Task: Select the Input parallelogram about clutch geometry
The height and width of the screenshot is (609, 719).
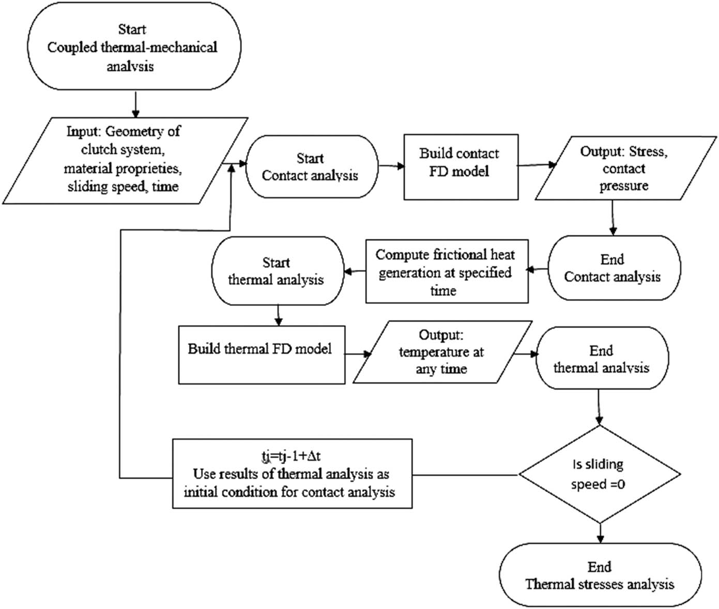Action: pos(124,160)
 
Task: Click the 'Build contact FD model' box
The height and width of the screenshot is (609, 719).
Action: pos(461,166)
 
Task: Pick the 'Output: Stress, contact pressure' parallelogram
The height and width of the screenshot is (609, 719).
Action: pos(625,169)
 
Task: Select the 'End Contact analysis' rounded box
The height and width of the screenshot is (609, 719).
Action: pos(614,268)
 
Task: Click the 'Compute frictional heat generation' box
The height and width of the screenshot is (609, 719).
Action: pos(447,271)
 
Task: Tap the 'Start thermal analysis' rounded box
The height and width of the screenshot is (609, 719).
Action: pos(278,271)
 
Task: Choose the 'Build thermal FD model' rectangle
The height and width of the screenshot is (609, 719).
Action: pos(262,355)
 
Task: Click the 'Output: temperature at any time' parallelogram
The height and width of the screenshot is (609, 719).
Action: pos(442,352)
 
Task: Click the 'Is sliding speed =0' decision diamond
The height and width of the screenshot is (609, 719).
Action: pos(599,474)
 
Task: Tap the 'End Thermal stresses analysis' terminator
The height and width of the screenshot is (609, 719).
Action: pos(600,575)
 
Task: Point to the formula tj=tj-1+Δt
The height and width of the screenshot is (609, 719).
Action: pos(291,456)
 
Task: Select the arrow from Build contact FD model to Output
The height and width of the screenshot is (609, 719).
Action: pos(537,165)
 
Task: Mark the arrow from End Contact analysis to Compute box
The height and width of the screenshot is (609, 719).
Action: pos(538,269)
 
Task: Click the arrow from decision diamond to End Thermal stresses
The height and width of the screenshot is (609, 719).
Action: pos(600,532)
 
